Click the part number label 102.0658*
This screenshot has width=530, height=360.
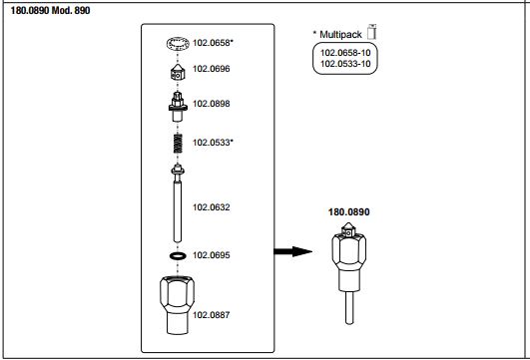tap(213, 43)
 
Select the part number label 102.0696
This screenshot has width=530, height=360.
tap(212, 69)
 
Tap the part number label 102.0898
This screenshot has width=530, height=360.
tap(212, 104)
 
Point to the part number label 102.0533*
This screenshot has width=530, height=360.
tap(213, 143)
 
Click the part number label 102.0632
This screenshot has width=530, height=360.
tap(212, 207)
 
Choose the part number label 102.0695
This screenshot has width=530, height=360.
tap(212, 255)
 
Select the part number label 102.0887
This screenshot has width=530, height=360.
tap(212, 315)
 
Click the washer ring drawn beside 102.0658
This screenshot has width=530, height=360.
tap(178, 39)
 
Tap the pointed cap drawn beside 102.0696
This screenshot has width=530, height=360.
tap(178, 72)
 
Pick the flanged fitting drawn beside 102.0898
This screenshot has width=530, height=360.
tap(178, 107)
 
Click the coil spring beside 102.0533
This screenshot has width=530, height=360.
tap(178, 144)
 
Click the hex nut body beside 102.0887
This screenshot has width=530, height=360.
tap(177, 305)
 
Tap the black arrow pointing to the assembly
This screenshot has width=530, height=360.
tap(292, 251)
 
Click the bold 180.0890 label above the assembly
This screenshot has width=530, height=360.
tap(348, 212)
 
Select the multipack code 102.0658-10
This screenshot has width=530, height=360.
tap(345, 53)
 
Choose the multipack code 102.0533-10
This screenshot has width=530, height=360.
tap(345, 64)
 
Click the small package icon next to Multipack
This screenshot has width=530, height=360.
tap(372, 32)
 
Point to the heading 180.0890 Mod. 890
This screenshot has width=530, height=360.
tap(50, 10)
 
